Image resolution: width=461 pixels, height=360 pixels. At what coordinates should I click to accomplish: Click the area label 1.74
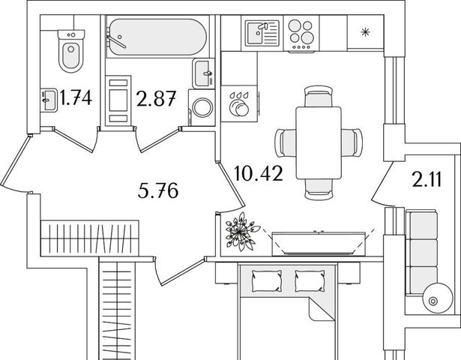(76, 97)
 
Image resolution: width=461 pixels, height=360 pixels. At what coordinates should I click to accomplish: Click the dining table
(318, 142)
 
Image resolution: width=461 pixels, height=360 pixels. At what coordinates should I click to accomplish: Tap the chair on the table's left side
(285, 142)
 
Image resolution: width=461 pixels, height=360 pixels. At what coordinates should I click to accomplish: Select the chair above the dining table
(318, 97)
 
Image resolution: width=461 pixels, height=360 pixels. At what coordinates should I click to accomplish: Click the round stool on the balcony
(432, 301)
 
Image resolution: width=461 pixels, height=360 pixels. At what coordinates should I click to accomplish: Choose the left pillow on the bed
(265, 280)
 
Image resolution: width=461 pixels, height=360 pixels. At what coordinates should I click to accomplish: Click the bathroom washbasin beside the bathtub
(204, 73)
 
